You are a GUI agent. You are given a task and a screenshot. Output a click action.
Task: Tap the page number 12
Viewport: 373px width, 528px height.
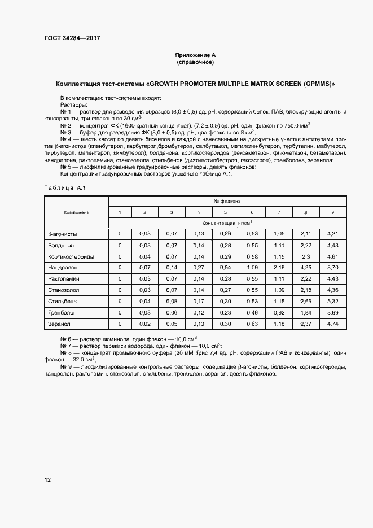pos(47,480)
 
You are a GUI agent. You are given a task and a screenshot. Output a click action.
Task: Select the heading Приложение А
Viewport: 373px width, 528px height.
pos(195,55)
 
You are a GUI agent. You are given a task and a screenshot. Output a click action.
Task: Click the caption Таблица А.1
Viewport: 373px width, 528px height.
pos(64,188)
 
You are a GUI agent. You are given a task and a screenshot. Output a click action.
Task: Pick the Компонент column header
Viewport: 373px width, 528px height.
pos(76,212)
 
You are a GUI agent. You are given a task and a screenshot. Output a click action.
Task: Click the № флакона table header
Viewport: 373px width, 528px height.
pos(227,201)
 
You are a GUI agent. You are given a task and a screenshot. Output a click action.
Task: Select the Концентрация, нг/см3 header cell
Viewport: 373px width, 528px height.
pos(227,223)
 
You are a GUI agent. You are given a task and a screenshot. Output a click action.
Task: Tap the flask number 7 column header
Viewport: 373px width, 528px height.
pos(279,212)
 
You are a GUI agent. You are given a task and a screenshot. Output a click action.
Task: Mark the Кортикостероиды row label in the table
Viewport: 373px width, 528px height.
pos(71,256)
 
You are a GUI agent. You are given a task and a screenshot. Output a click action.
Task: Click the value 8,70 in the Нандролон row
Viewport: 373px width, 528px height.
pos(332,268)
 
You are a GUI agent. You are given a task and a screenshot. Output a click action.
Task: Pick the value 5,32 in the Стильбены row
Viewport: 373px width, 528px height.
pos(332,302)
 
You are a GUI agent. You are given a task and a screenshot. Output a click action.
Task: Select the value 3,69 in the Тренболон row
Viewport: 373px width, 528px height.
pos(332,313)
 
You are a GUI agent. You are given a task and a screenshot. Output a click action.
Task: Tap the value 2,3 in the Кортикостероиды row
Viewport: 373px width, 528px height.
pos(305,256)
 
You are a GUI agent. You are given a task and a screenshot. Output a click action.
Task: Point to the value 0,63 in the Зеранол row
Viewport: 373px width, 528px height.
pos(252,324)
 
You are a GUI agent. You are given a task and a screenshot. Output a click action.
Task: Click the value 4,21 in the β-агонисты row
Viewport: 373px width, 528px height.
pos(332,234)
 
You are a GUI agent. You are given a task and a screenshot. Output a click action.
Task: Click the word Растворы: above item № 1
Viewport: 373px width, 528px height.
pos(73,105)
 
